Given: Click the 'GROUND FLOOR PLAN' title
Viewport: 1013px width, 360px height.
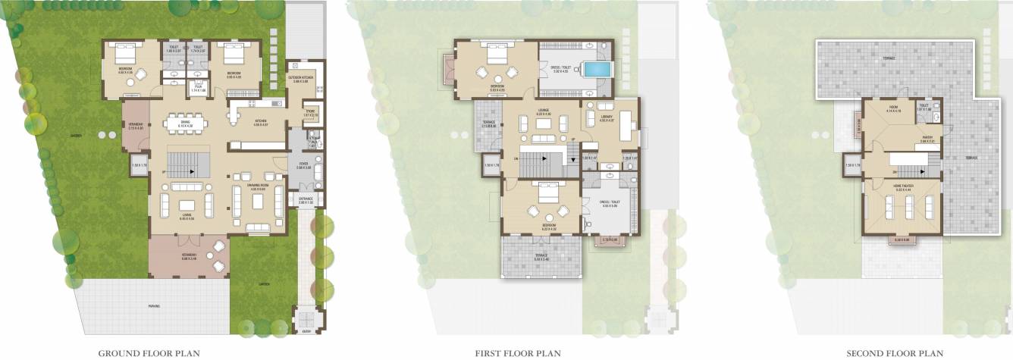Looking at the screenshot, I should pos(149,352).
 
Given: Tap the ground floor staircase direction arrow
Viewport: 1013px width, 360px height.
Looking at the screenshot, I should pos(192,172).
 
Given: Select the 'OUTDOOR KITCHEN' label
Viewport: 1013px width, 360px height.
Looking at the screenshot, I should pos(302,78).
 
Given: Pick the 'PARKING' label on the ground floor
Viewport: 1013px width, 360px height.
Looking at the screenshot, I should pos(154,305).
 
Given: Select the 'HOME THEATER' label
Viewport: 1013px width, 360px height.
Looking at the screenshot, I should pos(902,186).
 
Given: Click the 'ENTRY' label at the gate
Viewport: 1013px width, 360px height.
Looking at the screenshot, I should pos(306,331).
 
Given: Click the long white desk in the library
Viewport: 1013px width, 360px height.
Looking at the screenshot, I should pos(626,126).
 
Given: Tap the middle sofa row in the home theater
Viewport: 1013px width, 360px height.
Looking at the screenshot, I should pos(907,205).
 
